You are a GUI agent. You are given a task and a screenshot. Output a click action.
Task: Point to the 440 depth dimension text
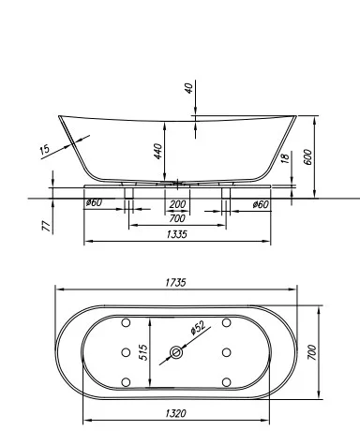click(160, 150)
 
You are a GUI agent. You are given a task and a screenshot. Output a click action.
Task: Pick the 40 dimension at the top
click(188, 88)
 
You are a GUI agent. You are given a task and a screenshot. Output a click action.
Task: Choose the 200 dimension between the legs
click(177, 205)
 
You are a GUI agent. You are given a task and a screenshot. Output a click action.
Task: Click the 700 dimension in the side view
click(177, 217)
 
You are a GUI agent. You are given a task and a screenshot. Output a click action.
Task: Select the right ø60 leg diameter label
click(261, 204)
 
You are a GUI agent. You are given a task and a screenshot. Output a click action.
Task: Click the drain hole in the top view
click(175, 353)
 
